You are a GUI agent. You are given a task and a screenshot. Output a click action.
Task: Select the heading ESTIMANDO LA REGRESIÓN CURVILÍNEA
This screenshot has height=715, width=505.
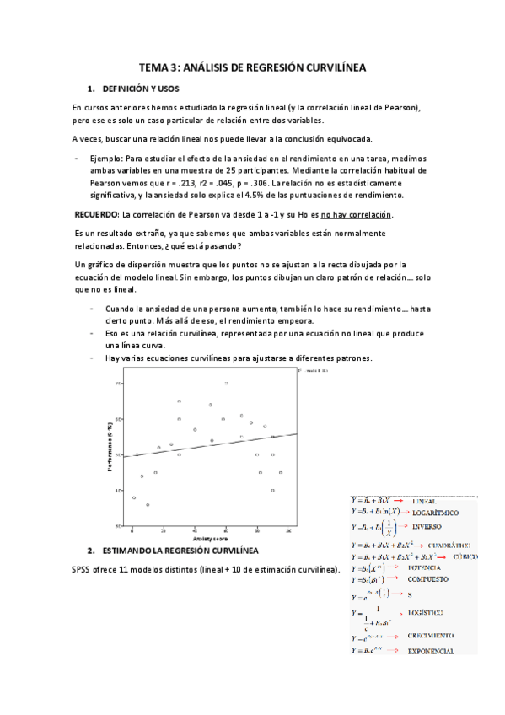click(179, 551)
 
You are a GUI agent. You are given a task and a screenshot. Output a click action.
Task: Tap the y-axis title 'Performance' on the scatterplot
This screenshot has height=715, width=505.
click(110, 452)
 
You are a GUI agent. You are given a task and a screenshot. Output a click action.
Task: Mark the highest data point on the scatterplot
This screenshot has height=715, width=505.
click(226, 383)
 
